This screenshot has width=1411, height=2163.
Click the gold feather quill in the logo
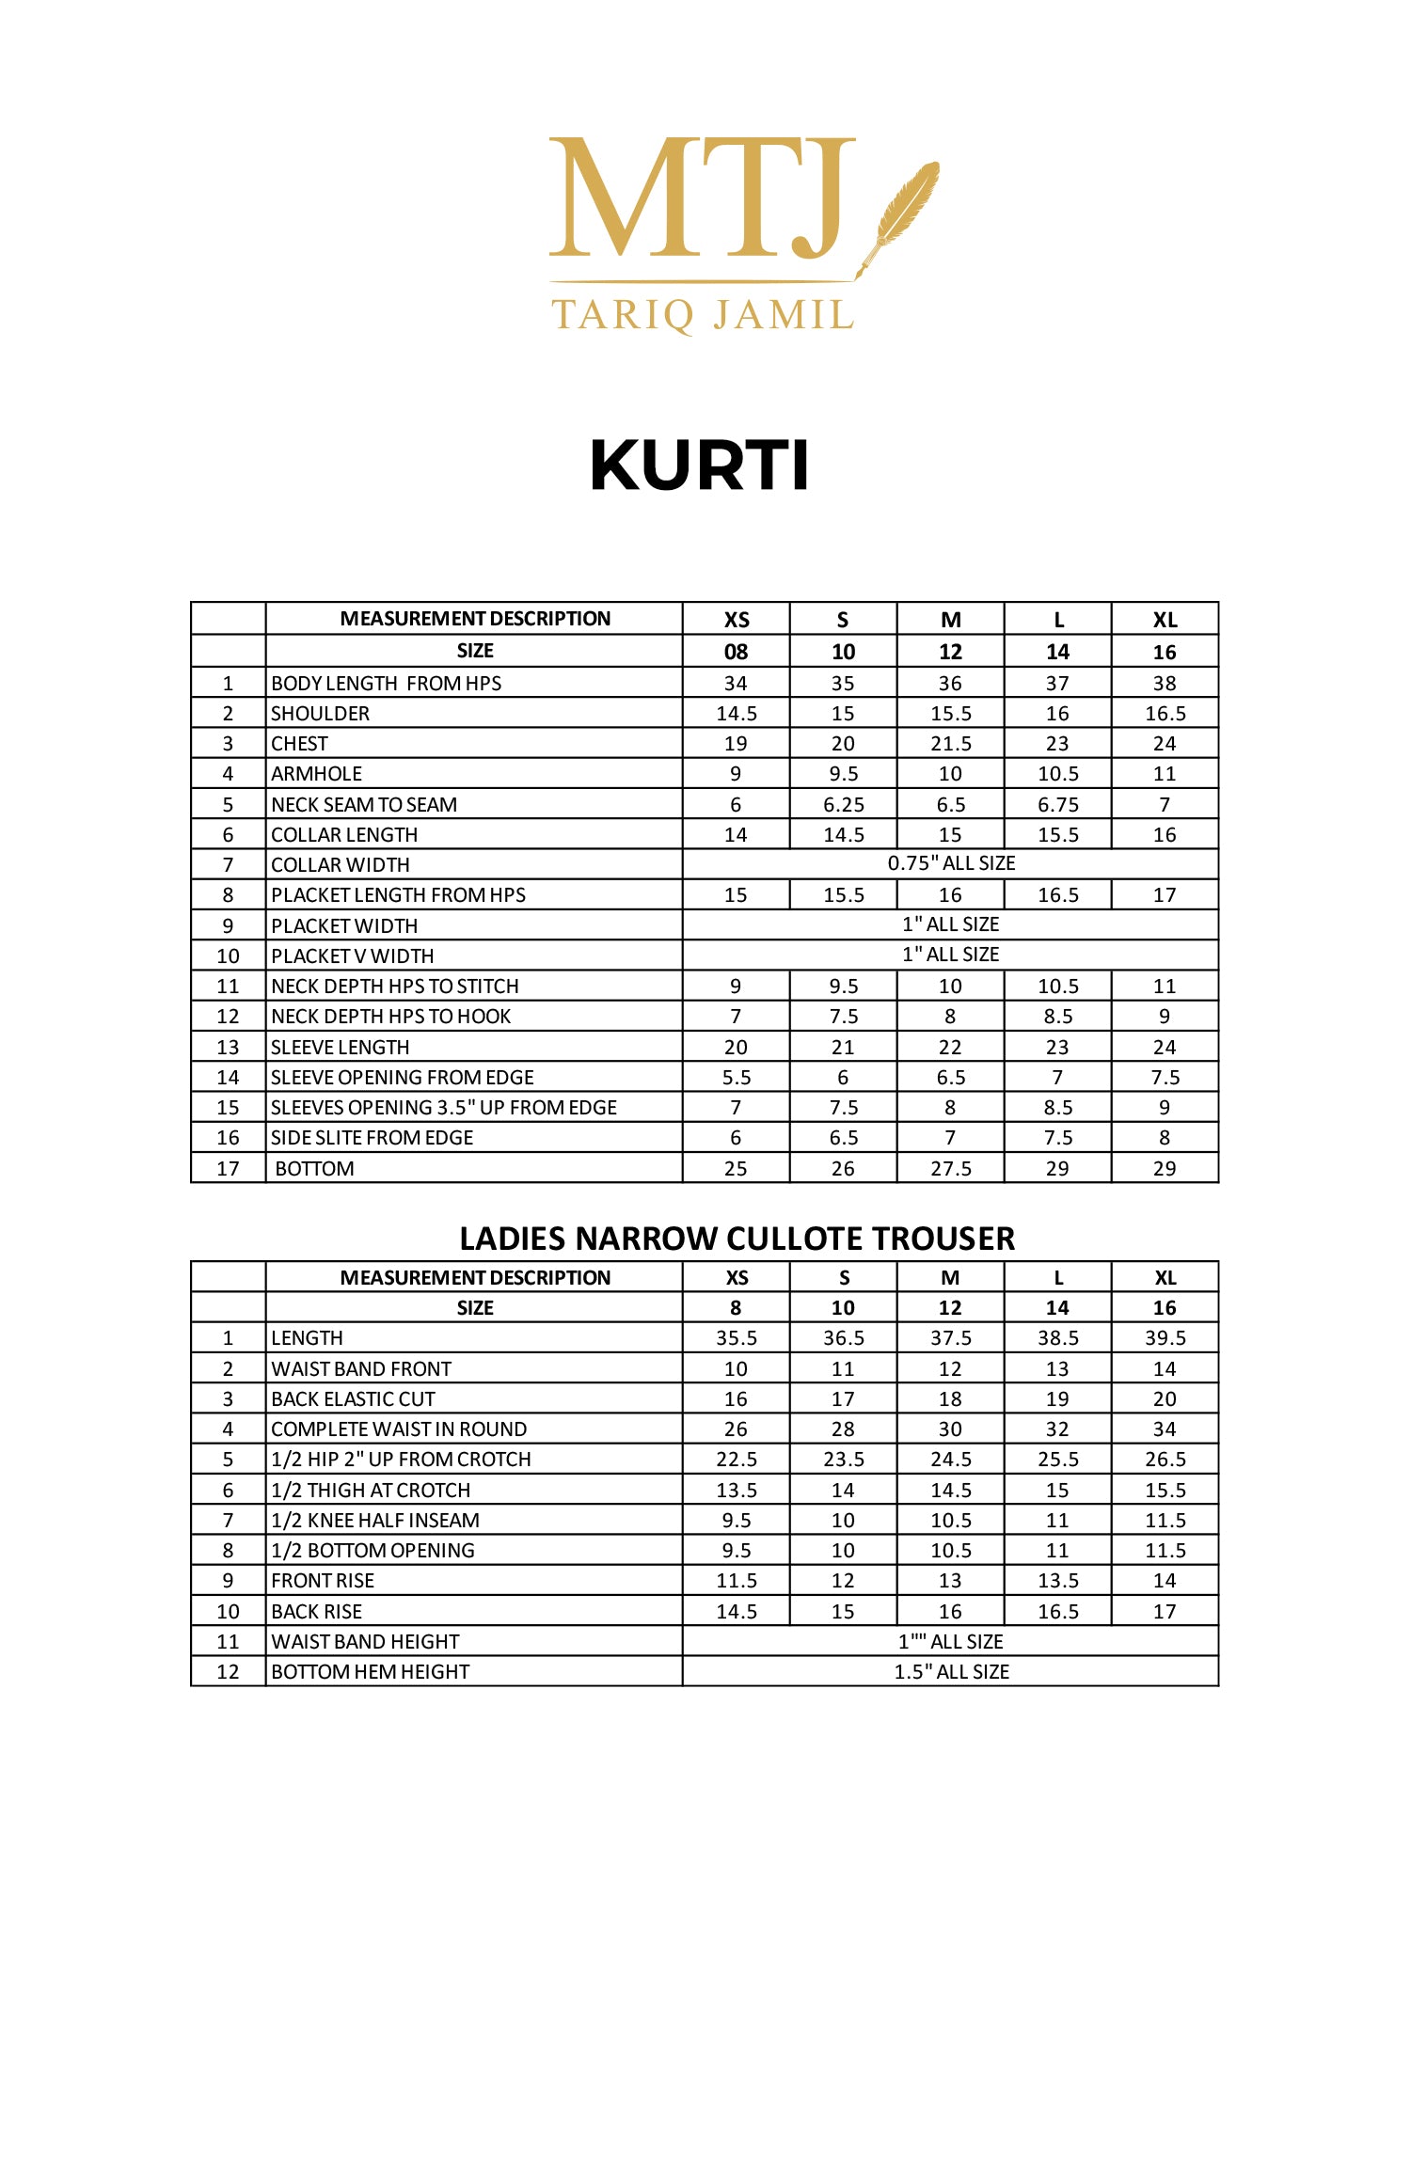coord(900,217)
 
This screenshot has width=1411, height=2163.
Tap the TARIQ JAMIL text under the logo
coord(702,315)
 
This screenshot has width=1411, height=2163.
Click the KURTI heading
coord(699,466)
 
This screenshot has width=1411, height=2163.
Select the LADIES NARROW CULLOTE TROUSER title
coord(737,1239)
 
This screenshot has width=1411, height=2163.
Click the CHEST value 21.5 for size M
coord(950,744)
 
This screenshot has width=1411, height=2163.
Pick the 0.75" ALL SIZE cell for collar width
coord(950,863)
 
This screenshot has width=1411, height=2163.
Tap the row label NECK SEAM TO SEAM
coord(364,805)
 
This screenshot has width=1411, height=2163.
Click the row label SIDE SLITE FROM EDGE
coord(372,1138)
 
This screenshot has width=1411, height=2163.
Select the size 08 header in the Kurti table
coord(736,652)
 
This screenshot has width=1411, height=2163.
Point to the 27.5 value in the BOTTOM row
coord(950,1169)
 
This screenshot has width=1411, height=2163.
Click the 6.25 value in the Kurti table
coord(843,805)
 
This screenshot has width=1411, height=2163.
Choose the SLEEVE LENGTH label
coord(340,1048)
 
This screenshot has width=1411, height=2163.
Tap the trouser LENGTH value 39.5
coord(1165,1338)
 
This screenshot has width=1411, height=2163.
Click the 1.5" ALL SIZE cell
coord(950,1672)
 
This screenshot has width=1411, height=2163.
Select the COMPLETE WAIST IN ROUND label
coord(399,1429)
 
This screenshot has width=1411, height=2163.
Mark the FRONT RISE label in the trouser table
coord(323,1581)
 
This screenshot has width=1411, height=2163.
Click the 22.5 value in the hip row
coord(736,1460)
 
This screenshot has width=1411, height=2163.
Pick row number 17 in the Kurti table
coord(228,1169)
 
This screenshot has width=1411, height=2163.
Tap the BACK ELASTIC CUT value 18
coord(950,1399)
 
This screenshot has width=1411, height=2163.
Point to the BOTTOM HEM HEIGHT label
coord(370,1672)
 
